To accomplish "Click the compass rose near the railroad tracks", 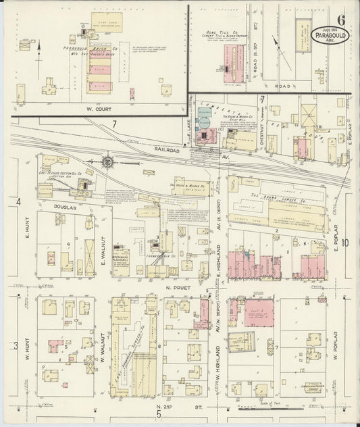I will [x=107, y=161].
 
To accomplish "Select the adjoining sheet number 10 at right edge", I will [x=345, y=243].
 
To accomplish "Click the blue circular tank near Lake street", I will [x=203, y=122].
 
